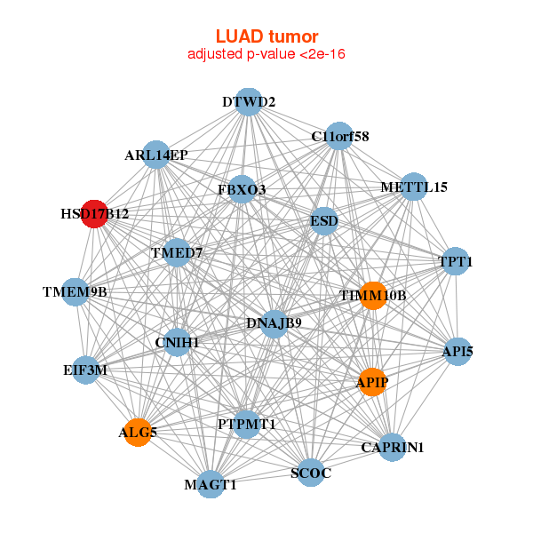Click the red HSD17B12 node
click(94, 214)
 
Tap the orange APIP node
click(372, 382)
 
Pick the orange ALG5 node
click(138, 433)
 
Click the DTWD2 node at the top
click(249, 102)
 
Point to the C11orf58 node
click(339, 136)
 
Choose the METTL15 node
click(414, 187)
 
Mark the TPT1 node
click(456, 262)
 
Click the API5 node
click(457, 352)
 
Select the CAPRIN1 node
click(392, 447)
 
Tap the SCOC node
click(311, 473)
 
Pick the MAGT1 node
click(211, 484)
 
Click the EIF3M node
click(85, 370)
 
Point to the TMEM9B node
click(76, 291)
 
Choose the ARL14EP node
click(156, 155)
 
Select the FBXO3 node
click(242, 189)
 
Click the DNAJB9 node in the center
click(274, 322)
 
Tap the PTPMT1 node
click(247, 424)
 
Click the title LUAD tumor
click(266, 36)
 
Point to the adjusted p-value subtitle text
click(266, 54)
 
